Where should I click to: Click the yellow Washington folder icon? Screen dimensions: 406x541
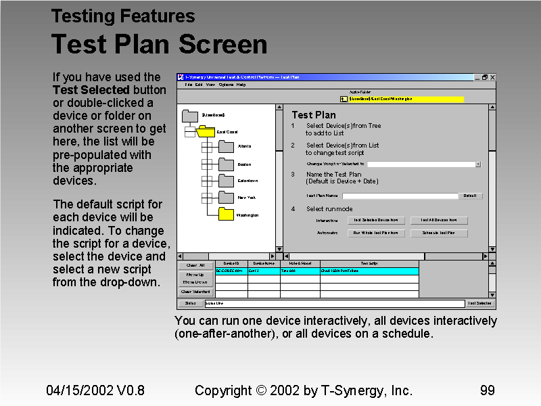click(226, 214)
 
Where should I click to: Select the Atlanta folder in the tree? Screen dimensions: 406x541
click(226, 145)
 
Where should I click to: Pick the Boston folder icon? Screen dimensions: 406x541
click(226, 163)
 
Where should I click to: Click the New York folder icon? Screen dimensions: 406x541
click(226, 197)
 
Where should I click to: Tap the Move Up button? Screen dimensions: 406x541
click(195, 274)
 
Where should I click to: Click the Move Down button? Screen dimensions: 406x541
click(195, 282)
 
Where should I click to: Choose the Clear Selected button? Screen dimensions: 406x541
click(195, 292)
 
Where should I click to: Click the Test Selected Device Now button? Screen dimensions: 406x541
click(377, 220)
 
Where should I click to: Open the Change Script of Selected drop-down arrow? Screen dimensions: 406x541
click(478, 164)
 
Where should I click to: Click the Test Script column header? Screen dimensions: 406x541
click(369, 263)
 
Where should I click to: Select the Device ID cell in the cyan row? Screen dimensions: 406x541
click(231, 271)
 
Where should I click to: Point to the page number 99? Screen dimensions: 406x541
click(487, 390)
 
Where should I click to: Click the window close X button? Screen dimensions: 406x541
click(492, 77)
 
